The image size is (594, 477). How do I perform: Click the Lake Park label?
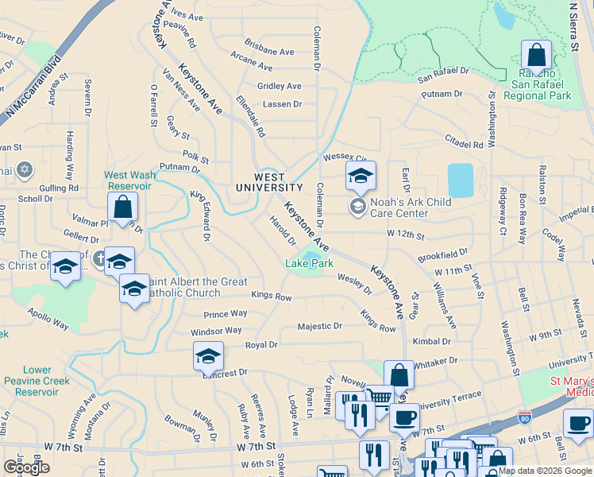point(308,263)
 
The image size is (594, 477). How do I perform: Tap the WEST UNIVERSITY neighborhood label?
point(269,182)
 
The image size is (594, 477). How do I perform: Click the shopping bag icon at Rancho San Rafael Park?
point(537,56)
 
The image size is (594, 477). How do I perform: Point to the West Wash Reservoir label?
point(127,180)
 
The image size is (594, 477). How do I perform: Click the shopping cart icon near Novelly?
point(380,396)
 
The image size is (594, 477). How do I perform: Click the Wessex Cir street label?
point(343,158)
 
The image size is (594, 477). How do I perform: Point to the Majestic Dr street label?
point(319,326)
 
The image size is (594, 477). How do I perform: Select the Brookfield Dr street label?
point(443,255)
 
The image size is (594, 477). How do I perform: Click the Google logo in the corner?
point(26,467)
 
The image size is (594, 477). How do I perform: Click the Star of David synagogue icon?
point(24,170)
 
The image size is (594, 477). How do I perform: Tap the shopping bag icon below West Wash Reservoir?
point(123,207)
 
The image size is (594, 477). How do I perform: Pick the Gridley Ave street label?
point(279,86)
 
